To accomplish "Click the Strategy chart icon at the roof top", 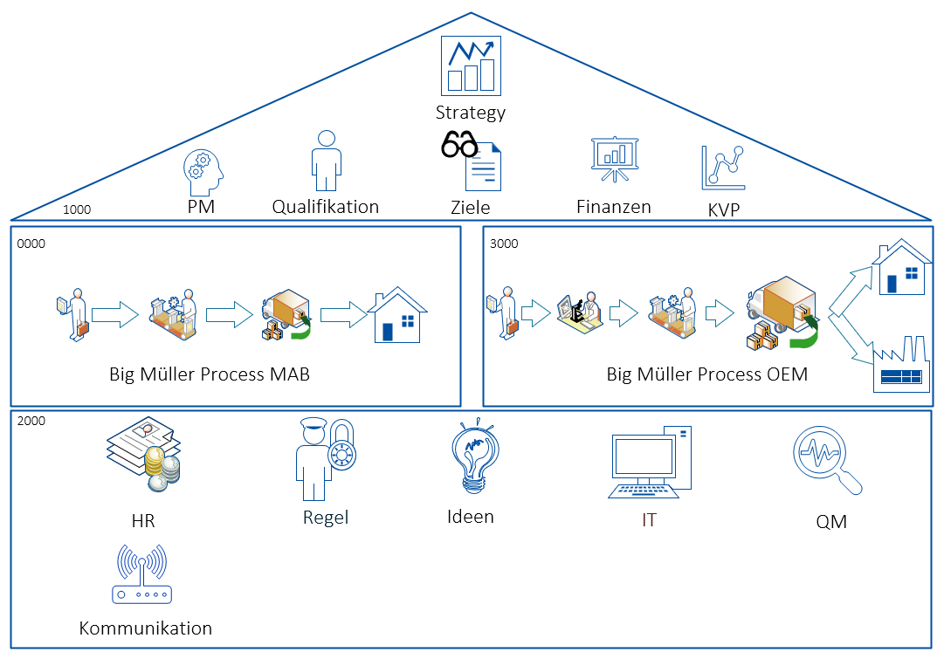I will tap(471, 65).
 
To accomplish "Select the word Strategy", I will tap(471, 113).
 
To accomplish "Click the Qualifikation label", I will tap(326, 207).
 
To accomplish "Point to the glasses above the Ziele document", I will tap(459, 144).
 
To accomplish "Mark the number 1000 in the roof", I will tap(77, 209).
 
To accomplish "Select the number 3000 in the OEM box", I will tap(504, 244).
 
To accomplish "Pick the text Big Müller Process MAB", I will tap(210, 374).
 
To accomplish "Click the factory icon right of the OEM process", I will tap(901, 367).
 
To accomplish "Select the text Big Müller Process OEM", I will tap(707, 374).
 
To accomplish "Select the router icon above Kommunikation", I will tap(142, 576).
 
